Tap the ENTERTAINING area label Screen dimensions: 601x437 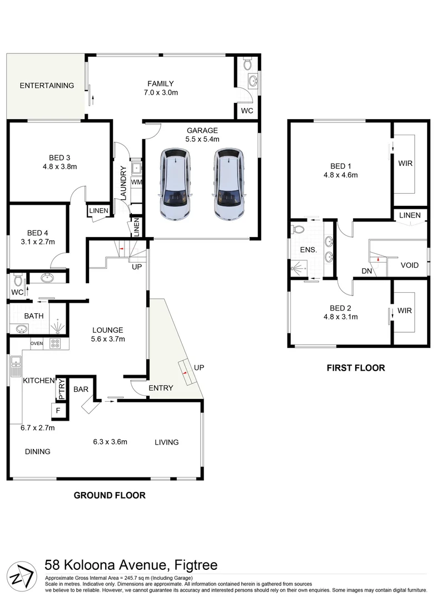tap(47, 86)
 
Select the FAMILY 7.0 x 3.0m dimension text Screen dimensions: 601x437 tap(160, 93)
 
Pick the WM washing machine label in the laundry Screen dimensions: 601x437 tap(136, 182)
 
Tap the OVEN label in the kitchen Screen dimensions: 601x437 tap(37, 343)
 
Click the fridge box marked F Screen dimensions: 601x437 tap(57, 411)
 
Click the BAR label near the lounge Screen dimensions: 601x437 tap(81, 390)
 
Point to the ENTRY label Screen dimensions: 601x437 tap(161, 388)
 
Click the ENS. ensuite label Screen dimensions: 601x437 tap(309, 250)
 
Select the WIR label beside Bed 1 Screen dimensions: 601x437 tap(404, 164)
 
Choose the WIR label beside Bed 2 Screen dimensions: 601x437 tap(404, 311)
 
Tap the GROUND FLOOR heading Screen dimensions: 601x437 tap(110, 495)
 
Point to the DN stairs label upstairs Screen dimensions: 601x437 tap(367, 271)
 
